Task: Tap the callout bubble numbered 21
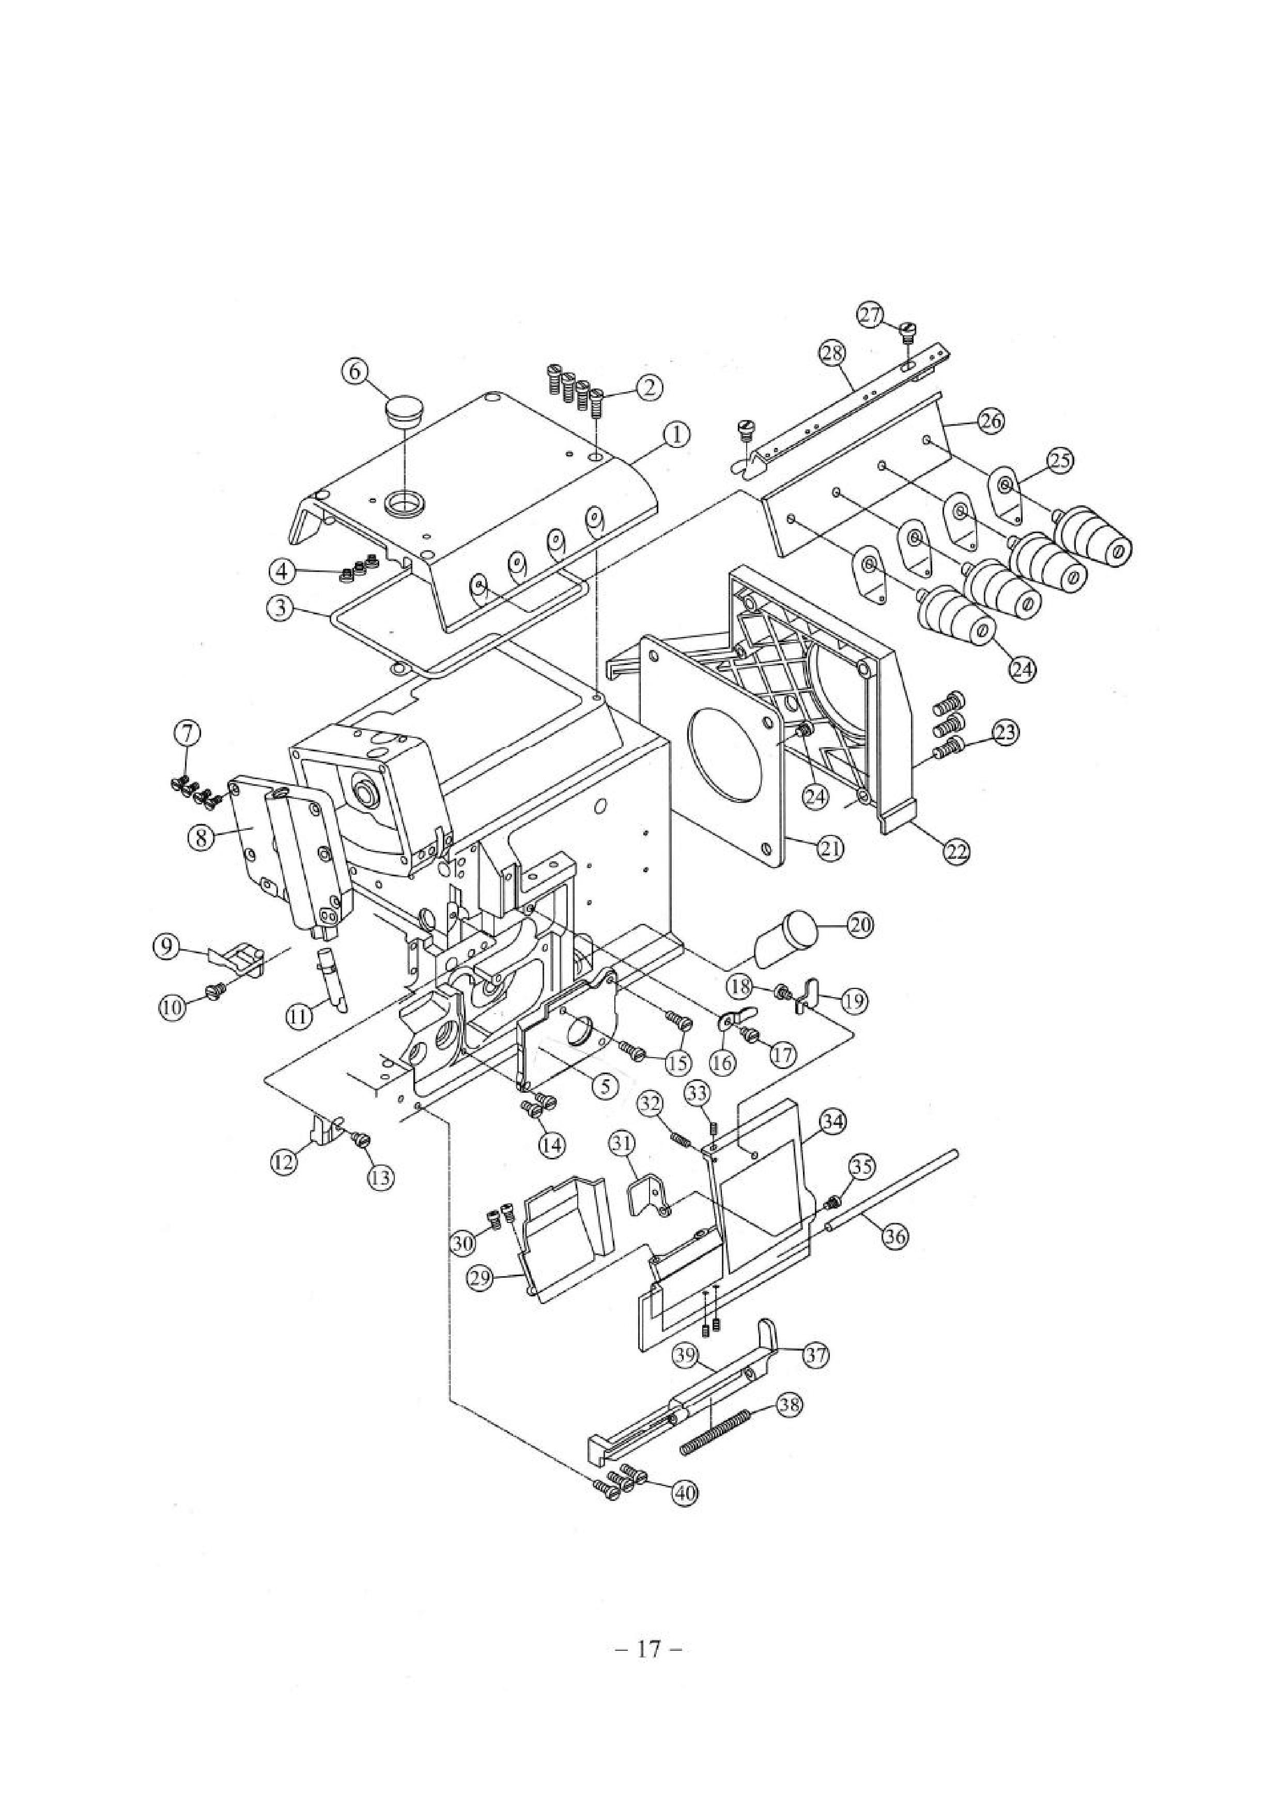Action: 830,848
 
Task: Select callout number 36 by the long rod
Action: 895,1236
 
